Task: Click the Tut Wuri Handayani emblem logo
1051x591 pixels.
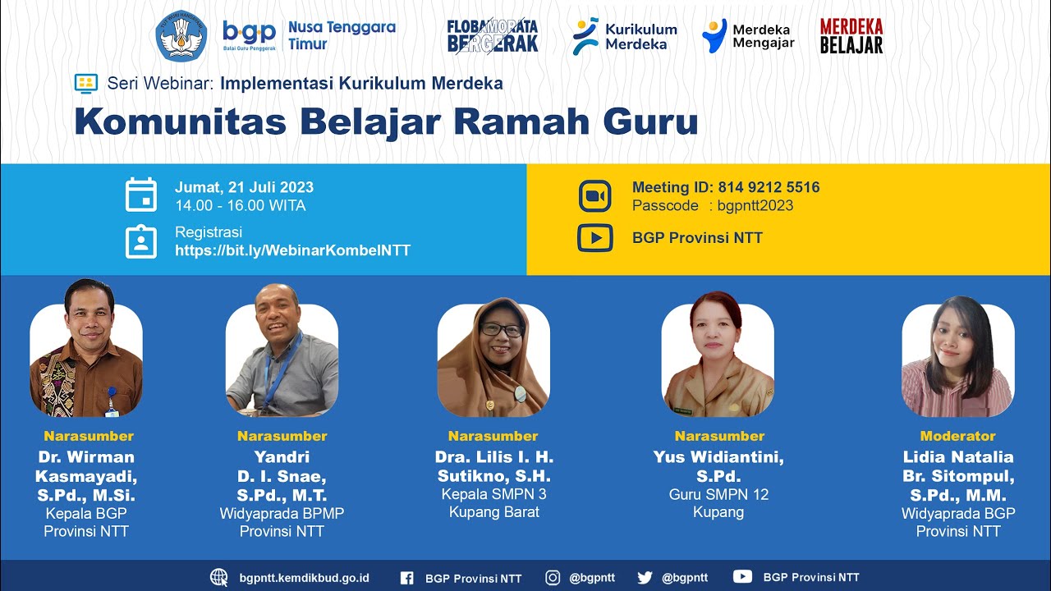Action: [x=181, y=36]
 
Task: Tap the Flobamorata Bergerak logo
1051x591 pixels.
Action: [x=492, y=36]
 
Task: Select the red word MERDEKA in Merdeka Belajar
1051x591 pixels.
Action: [x=851, y=27]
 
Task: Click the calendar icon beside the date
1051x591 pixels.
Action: [x=141, y=195]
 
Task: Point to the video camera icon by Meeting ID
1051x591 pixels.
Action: [x=595, y=196]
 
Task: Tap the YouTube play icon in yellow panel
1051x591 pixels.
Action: [x=595, y=238]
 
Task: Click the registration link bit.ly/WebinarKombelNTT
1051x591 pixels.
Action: [x=292, y=250]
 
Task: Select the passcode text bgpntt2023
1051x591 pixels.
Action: [x=755, y=206]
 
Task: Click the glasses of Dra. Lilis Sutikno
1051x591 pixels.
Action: [x=501, y=330]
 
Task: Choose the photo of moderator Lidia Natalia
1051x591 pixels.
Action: [x=957, y=357]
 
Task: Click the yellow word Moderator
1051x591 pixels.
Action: [x=957, y=436]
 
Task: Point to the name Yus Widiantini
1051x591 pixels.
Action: [x=718, y=457]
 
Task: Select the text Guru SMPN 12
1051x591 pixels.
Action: [x=718, y=494]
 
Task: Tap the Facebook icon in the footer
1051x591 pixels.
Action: [x=406, y=578]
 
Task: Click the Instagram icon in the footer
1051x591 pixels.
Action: [x=553, y=578]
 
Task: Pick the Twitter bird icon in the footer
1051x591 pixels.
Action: [x=645, y=578]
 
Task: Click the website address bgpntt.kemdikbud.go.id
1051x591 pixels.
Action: [x=304, y=578]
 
